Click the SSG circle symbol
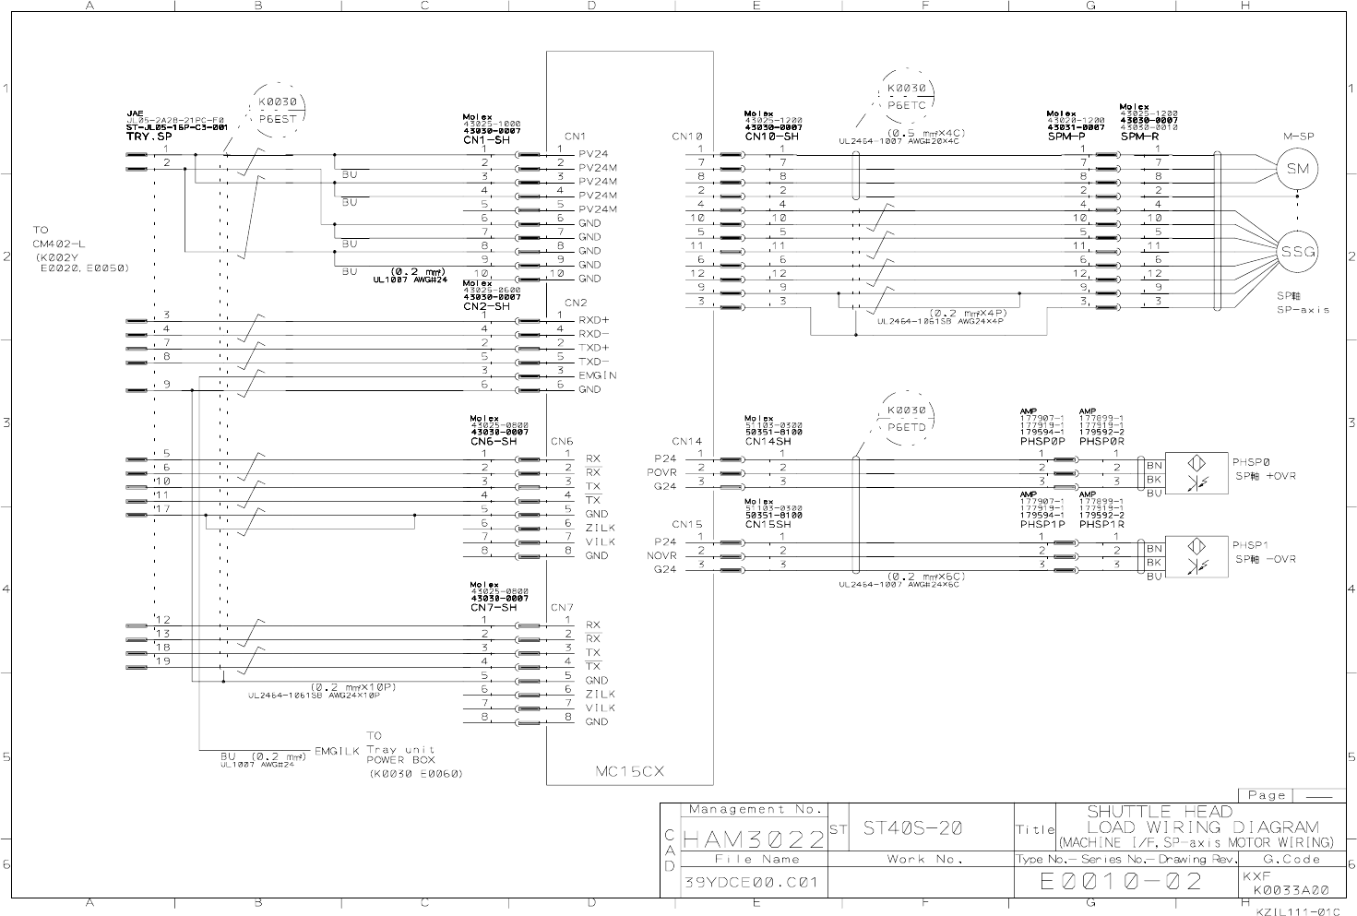pyautogui.click(x=1297, y=252)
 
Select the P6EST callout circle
pyautogui.click(x=277, y=111)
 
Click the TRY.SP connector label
pyautogui.click(x=149, y=137)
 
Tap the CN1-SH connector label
pyautogui.click(x=486, y=140)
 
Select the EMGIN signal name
pyautogui.click(x=598, y=375)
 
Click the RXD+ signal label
pyautogui.click(x=594, y=320)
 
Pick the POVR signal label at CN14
pyautogui.click(x=661, y=472)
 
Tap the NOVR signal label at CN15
pyautogui.click(x=661, y=555)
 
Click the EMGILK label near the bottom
pyautogui.click(x=338, y=752)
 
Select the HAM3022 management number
pyautogui.click(x=754, y=840)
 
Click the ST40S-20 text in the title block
pyautogui.click(x=912, y=828)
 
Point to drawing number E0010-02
pyautogui.click(x=1121, y=882)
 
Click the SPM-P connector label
pyautogui.click(x=1065, y=136)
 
